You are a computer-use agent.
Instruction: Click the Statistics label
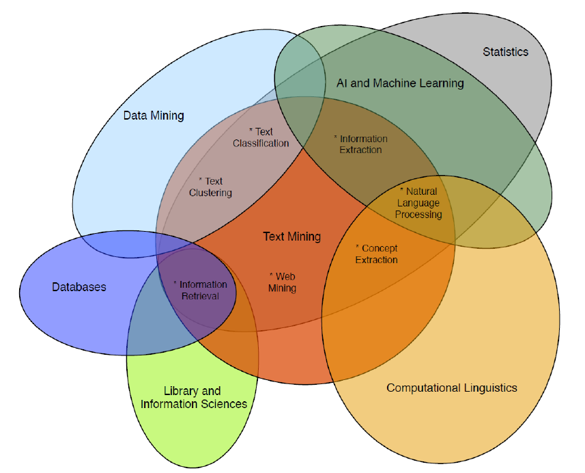point(505,52)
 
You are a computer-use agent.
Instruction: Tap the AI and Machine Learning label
point(400,83)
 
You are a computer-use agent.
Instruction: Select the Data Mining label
point(154,116)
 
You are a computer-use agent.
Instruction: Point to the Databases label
point(79,287)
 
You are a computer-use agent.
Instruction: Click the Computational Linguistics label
point(452,388)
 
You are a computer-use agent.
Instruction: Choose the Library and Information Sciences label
point(193,398)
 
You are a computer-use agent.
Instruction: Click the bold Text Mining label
point(291,236)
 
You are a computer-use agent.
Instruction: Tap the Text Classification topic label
point(261,137)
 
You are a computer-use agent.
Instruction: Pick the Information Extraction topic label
point(360,144)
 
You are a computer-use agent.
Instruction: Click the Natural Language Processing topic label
point(418,203)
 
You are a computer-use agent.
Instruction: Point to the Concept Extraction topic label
point(376,254)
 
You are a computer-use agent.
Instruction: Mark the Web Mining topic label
point(282,282)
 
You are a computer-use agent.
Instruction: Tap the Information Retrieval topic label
point(199,290)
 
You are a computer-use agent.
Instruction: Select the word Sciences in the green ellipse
point(222,405)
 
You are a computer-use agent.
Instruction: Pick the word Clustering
point(210,193)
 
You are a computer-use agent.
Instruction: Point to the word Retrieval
point(199,297)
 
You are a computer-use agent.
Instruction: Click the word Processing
point(418,215)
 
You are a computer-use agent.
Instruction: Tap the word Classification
point(261,144)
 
